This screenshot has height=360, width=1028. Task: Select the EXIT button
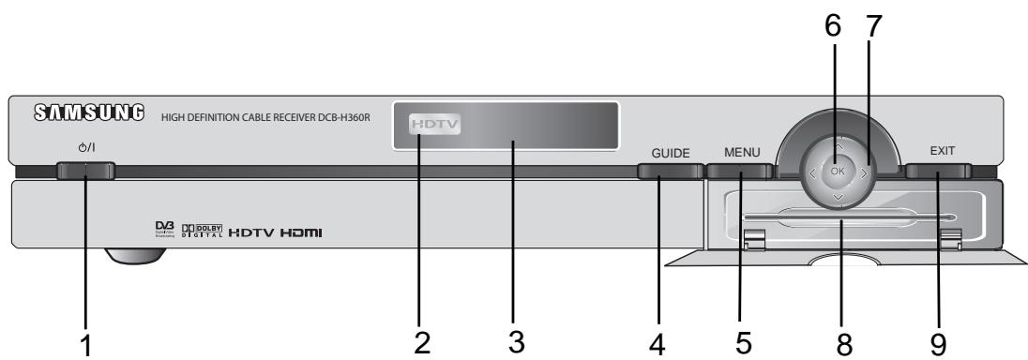(x=938, y=172)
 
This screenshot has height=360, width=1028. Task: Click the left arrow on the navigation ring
(x=809, y=172)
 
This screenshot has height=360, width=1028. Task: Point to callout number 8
(x=843, y=343)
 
